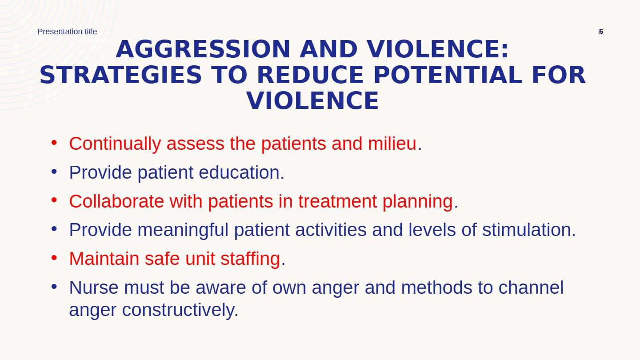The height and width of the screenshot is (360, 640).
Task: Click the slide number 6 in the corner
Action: pos(600,32)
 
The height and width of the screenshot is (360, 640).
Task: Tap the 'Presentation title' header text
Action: pos(67,32)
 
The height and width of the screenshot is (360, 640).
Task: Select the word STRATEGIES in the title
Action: pos(121,75)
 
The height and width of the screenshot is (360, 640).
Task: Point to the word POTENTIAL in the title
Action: pos(448,75)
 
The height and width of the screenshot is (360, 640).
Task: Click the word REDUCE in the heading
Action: pos(310,75)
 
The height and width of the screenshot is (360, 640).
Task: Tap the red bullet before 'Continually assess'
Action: pos(54,143)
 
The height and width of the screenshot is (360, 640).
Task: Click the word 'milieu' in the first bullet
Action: pos(392,144)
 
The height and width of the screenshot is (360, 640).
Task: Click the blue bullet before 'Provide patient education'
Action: pos(54,172)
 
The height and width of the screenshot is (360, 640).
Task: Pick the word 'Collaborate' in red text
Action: pos(116,201)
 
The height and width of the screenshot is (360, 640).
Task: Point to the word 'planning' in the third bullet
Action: pos(418,202)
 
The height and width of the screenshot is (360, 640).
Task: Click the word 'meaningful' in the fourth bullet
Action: pos(183,231)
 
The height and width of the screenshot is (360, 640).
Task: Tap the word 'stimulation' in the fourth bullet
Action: pos(527,230)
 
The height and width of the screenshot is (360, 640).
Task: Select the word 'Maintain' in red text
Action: pos(104,259)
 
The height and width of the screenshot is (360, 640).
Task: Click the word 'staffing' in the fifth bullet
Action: pos(250,260)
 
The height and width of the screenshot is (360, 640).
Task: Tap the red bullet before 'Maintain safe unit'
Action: pos(54,258)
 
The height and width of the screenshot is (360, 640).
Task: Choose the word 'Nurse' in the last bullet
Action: pos(94,288)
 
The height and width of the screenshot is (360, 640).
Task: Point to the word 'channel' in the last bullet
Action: pos(531,288)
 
